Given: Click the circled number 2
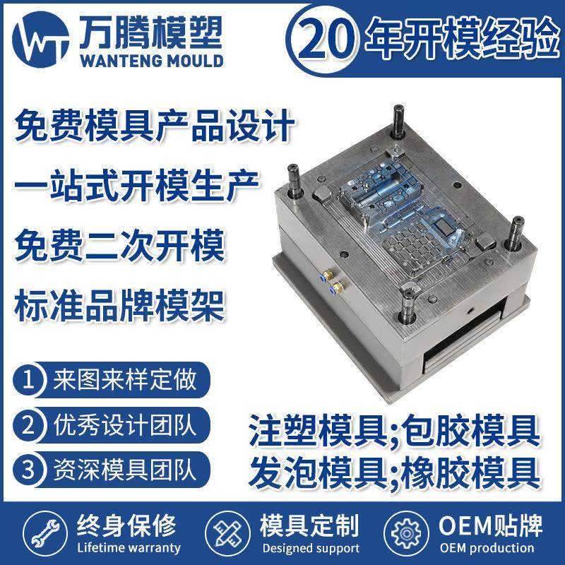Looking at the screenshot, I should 29,425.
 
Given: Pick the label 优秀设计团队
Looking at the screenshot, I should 124,425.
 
